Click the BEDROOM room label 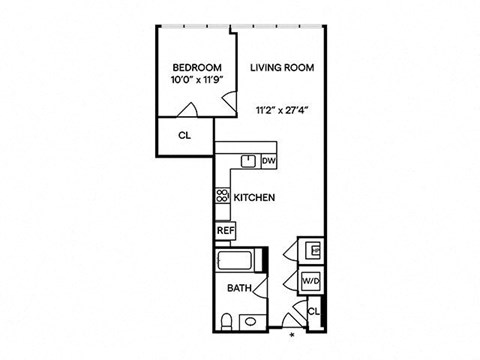[197, 68]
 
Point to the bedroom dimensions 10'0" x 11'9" [197, 80]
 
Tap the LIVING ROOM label [282, 68]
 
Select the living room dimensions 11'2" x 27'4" [282, 110]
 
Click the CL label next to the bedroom [185, 136]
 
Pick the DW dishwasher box [269, 161]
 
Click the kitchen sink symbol [248, 161]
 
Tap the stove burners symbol [222, 195]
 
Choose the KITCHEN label [254, 198]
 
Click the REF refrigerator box [226, 231]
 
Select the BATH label [239, 288]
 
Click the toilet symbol [227, 322]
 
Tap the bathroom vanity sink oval [250, 322]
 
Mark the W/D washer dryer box [311, 281]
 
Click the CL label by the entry [314, 312]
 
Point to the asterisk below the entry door [292, 335]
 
